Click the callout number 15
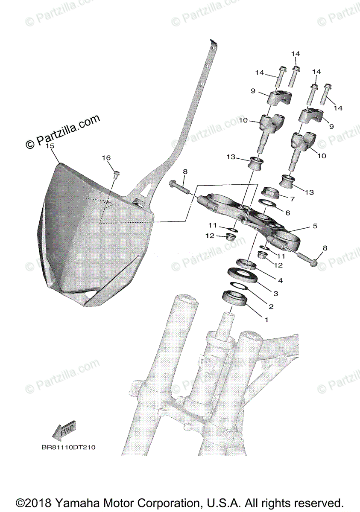(50, 146)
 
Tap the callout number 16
(106, 158)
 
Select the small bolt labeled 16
(117, 174)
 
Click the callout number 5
(315, 226)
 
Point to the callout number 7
(292, 199)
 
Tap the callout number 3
(275, 294)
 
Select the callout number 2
(270, 306)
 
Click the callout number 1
(266, 320)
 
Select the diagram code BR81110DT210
(68, 448)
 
